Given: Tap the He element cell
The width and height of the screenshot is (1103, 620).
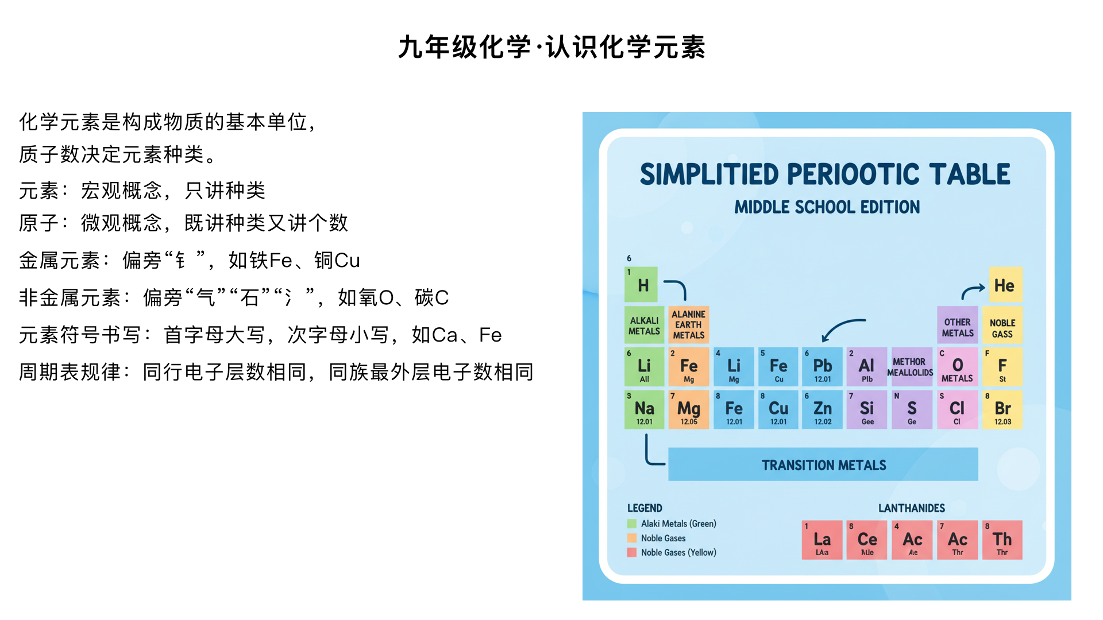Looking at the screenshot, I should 1005,285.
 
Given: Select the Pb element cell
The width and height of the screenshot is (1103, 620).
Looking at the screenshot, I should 822,367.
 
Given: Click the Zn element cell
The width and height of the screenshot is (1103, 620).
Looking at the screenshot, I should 822,410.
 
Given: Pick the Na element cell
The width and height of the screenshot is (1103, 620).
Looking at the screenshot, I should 644,410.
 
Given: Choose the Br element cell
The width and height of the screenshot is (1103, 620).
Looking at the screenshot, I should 1002,410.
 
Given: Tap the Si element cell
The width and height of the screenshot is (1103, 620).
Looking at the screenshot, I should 866,410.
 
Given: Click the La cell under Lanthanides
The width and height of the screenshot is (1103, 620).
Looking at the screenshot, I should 822,540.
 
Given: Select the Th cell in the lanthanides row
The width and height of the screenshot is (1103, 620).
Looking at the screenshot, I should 1002,540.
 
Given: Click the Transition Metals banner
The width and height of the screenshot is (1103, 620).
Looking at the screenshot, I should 823,464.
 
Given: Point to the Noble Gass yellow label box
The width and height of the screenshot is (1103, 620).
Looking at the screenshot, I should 1002,328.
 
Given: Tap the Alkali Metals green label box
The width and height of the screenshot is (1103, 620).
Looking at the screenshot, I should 644,325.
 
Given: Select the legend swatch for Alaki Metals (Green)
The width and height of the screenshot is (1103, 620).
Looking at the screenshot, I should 632,524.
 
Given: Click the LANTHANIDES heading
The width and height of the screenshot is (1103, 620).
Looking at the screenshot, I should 911,508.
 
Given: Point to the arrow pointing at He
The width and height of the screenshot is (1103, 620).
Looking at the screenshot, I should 973,291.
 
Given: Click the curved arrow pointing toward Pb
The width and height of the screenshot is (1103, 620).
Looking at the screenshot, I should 842,329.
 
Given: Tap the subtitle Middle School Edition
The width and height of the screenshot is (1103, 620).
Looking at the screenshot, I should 827,207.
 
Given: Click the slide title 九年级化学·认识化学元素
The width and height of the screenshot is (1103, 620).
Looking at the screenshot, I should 551,47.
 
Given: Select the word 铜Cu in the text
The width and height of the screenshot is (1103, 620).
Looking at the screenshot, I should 337,261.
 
